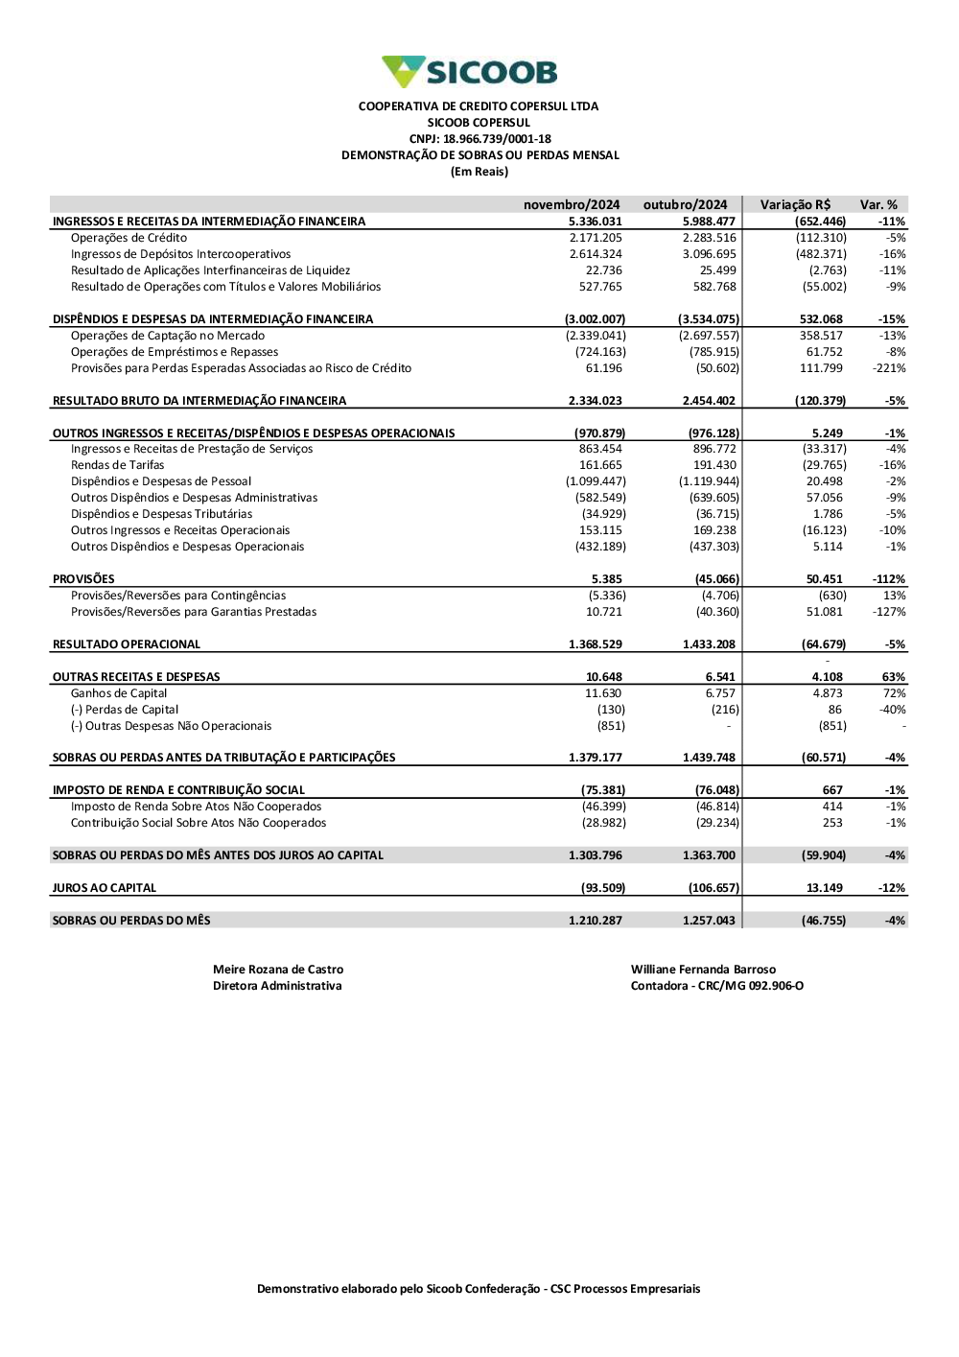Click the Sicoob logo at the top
coord(469,72)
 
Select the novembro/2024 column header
coord(572,205)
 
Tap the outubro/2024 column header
coord(685,205)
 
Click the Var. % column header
coord(878,205)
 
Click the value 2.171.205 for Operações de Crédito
coord(596,238)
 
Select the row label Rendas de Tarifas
coord(117,465)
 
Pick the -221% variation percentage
coord(889,368)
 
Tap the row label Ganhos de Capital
coord(119,693)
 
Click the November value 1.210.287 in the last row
coord(596,921)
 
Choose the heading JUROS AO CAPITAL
coord(105,888)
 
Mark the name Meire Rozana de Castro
coord(278,970)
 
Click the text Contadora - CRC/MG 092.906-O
coord(717,986)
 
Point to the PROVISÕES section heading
coord(83,579)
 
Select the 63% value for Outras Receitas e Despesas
coord(894,677)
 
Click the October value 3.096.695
coord(710,254)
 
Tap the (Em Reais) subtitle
coord(479,172)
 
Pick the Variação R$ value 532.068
coord(821,319)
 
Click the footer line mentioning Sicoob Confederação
coord(479,1289)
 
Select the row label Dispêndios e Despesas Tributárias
coord(161,514)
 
